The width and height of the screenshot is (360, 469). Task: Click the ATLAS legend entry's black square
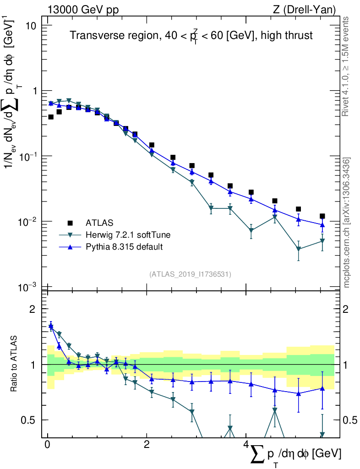point(70,223)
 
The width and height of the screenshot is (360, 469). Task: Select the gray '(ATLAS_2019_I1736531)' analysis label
point(190,274)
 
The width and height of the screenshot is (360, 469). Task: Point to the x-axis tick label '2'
point(147,445)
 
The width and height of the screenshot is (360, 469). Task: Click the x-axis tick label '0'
point(48,445)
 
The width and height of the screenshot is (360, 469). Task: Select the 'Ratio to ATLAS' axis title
point(15,365)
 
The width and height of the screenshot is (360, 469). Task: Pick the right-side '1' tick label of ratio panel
point(347,365)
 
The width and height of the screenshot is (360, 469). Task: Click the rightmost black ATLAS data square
point(322,216)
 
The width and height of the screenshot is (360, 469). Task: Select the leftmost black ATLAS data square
point(51,117)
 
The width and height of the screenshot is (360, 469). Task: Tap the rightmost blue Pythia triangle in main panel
point(322,224)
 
